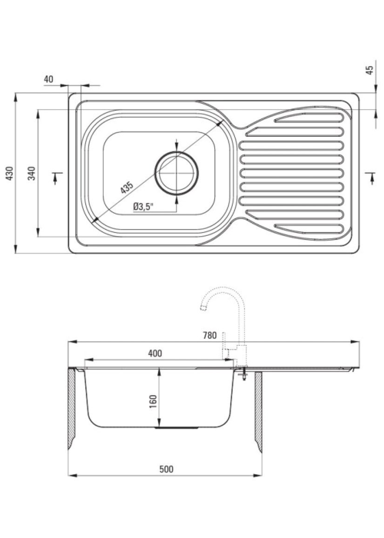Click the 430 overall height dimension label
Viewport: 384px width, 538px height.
10,173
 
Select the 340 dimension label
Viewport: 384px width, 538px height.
31,173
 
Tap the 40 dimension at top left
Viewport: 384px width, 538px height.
48,79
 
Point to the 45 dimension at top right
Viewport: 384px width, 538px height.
369,71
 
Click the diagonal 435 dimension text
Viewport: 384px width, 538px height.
127,188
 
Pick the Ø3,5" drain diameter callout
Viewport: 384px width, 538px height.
144,207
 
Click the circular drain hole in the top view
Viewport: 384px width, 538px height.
177,173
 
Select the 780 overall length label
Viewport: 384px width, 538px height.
210,335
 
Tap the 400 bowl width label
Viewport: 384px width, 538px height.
155,353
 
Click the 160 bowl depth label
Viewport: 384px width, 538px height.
153,401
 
